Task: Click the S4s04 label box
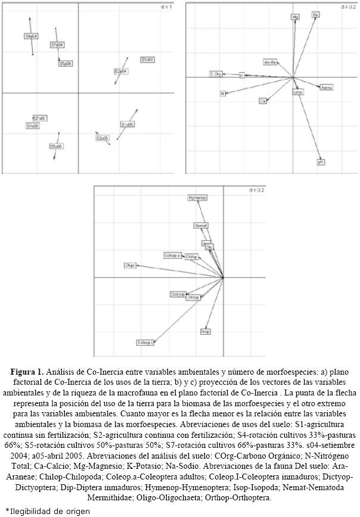31,36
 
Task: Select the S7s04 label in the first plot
58,45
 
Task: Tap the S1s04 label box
147,60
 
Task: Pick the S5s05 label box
57,146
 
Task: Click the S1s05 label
127,124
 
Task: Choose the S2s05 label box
102,138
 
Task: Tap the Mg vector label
294,17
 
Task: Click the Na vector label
315,14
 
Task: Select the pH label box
321,161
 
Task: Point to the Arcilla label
270,62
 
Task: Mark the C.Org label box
216,73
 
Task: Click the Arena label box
326,88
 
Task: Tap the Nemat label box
201,226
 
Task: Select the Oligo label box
131,265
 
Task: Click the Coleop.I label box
145,342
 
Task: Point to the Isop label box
206,331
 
